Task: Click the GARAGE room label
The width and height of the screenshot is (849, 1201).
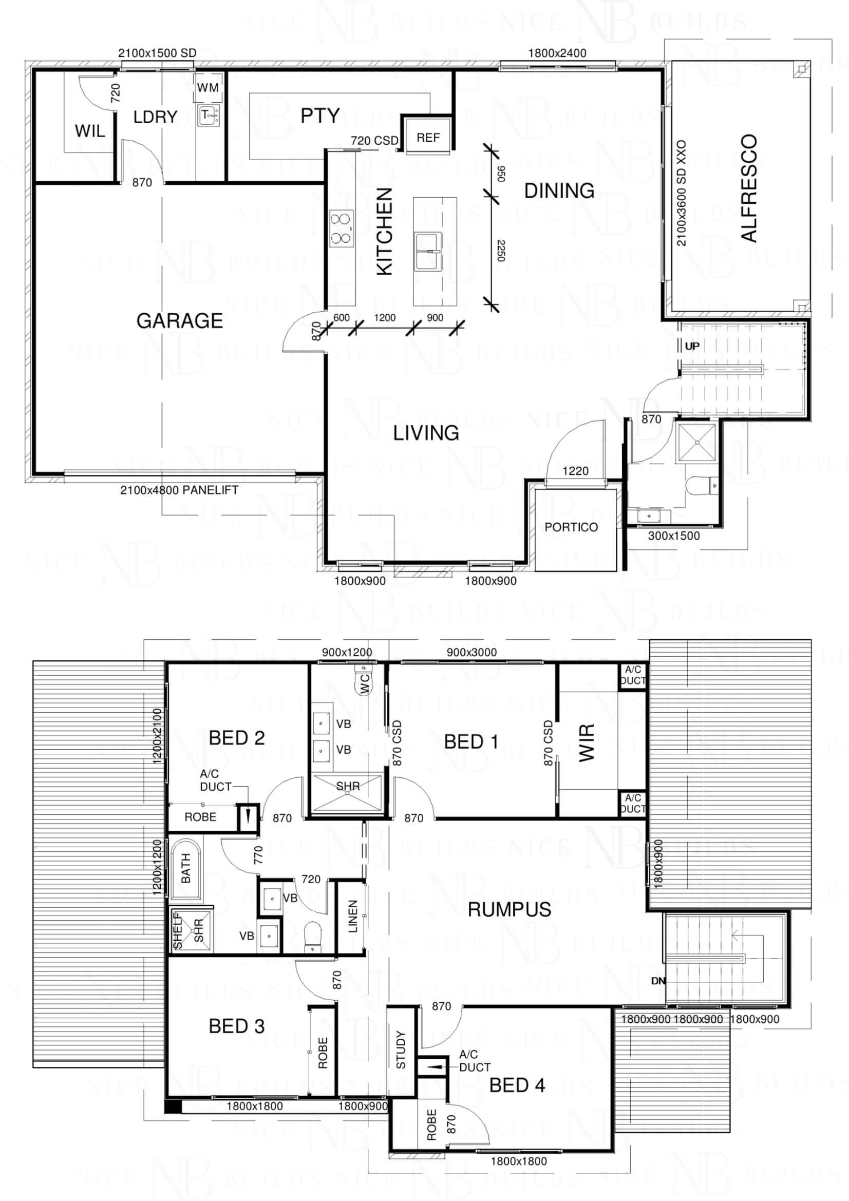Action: pos(179,320)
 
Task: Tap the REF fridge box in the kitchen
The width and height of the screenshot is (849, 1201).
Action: pos(428,138)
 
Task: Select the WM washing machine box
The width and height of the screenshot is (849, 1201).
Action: pos(207,88)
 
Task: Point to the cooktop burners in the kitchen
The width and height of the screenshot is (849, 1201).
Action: pos(342,228)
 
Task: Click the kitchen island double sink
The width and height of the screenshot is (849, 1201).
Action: pos(428,252)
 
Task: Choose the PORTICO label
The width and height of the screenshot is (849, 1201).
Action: pos(571,527)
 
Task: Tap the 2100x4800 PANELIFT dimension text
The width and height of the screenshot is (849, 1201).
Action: pos(179,490)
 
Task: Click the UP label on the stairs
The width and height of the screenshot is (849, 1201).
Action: pos(692,346)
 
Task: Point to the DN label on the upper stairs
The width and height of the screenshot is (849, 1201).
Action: pos(658,981)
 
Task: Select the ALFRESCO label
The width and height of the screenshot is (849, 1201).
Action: pos(749,188)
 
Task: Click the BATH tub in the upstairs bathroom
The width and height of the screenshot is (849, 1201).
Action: pos(186,869)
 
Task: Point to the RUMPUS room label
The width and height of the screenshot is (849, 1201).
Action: pos(509,910)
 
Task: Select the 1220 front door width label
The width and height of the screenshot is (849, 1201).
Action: pos(575,471)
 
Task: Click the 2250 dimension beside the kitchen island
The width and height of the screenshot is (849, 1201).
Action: pos(500,251)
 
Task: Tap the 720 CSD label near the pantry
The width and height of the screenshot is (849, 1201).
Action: pos(374,140)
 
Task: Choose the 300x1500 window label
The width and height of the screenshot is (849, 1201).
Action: pos(674,536)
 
